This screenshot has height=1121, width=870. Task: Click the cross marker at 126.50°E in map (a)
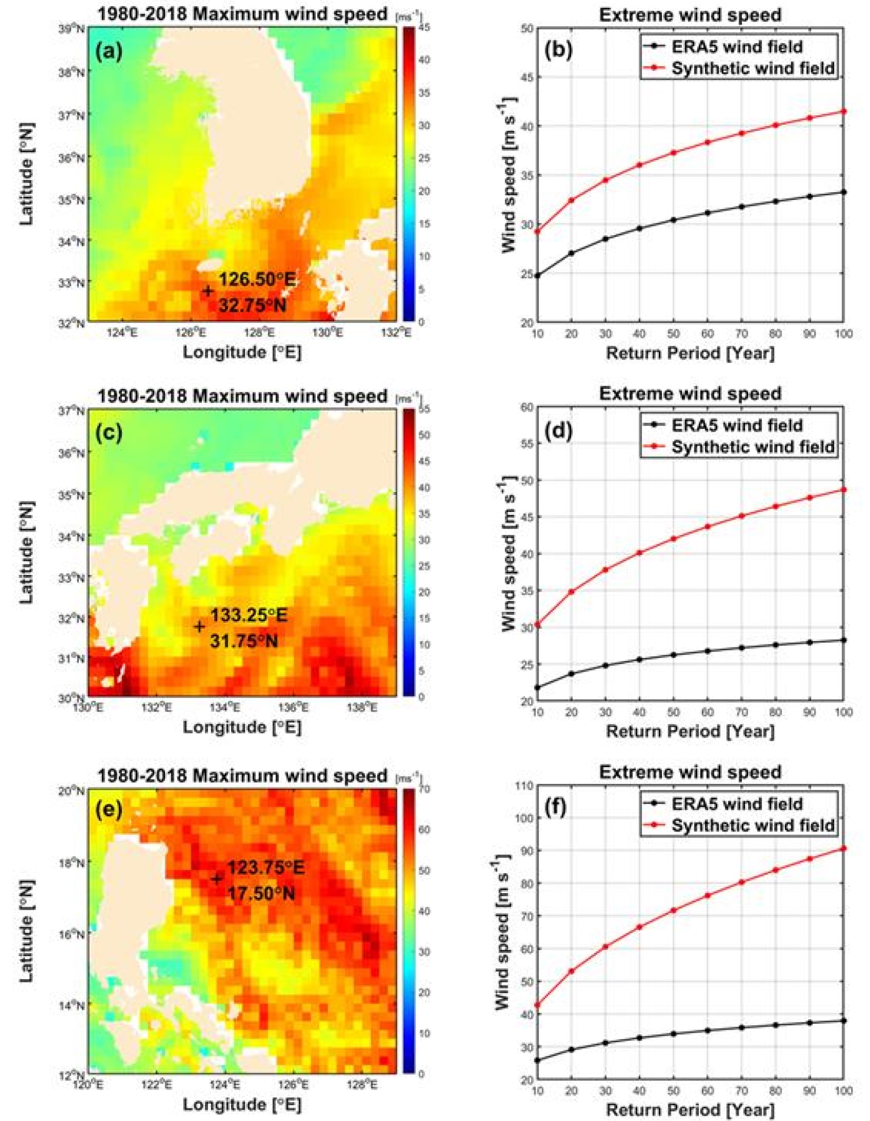click(208, 290)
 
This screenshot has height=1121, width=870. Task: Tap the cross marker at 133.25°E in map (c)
click(199, 626)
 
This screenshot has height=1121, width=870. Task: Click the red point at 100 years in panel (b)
click(844, 111)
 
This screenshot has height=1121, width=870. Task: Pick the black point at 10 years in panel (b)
click(537, 275)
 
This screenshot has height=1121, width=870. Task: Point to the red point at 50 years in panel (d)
click(673, 539)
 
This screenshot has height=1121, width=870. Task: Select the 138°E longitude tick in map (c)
click(362, 707)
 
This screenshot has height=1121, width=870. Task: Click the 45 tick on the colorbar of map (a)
click(424, 28)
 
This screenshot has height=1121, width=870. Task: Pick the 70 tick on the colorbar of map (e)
click(424, 789)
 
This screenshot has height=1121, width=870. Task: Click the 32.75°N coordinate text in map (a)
click(252, 305)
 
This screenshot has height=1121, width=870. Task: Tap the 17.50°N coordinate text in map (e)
click(261, 893)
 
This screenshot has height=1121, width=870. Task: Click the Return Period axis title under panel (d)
click(690, 731)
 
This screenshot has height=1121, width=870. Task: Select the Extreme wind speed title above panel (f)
click(690, 772)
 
